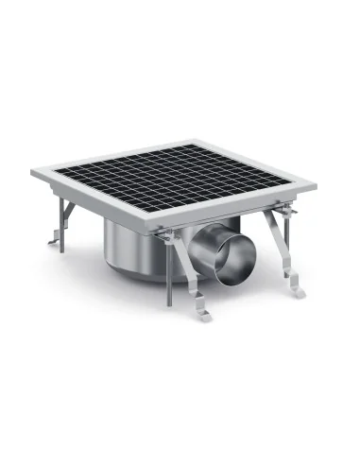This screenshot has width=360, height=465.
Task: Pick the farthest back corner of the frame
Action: coord(212,143)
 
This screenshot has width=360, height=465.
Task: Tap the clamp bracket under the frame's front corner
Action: coord(166,236)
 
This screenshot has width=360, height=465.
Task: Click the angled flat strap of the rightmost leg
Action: coord(283,250)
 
